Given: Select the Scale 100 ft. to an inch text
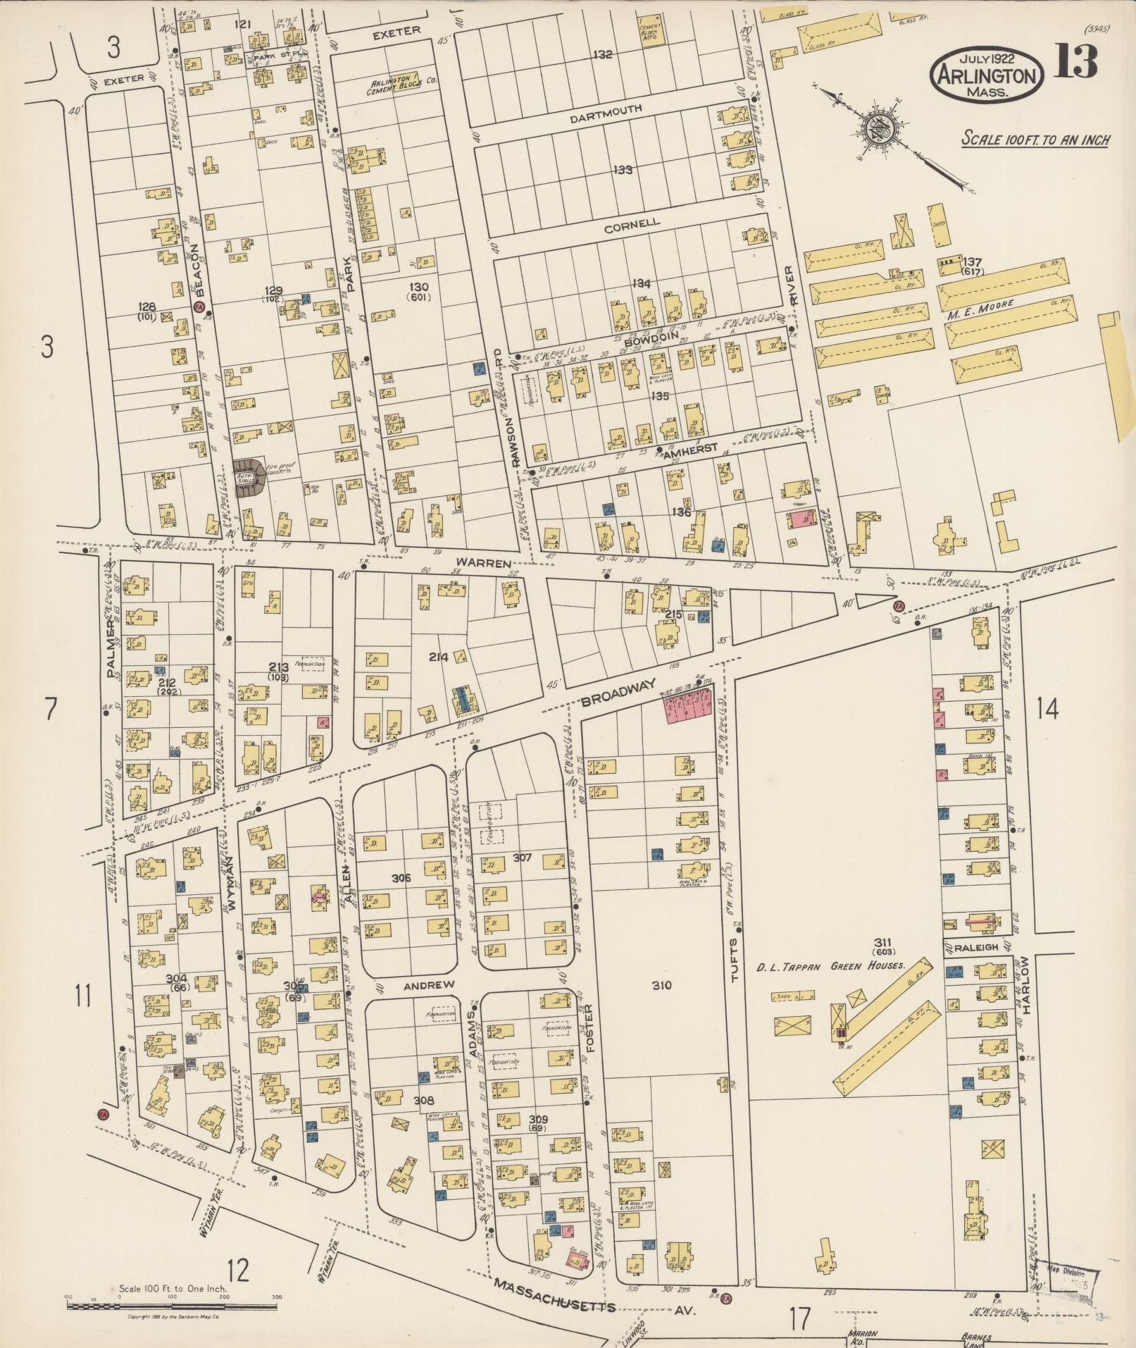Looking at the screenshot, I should point(1035,140).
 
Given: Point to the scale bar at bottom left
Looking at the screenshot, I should point(173,1306).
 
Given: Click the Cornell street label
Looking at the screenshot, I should point(632,223).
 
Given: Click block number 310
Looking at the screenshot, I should point(662,985).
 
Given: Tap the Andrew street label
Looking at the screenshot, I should point(420,984).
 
